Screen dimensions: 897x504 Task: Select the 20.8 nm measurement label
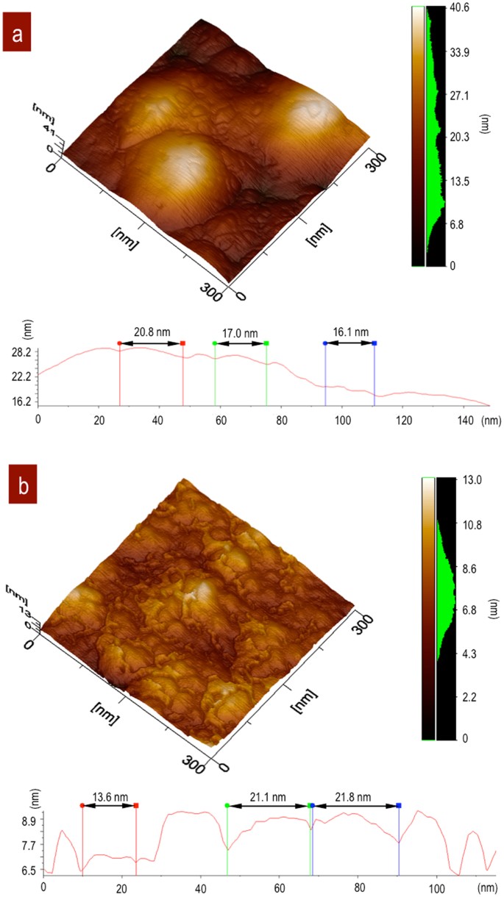click(150, 332)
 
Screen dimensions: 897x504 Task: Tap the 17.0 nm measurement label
click(240, 332)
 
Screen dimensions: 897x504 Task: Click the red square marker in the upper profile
click(182, 343)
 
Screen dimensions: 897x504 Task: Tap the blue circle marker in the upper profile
click(325, 343)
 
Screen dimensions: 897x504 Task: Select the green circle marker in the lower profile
click(227, 806)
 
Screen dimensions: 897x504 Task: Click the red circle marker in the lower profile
click(82, 806)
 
